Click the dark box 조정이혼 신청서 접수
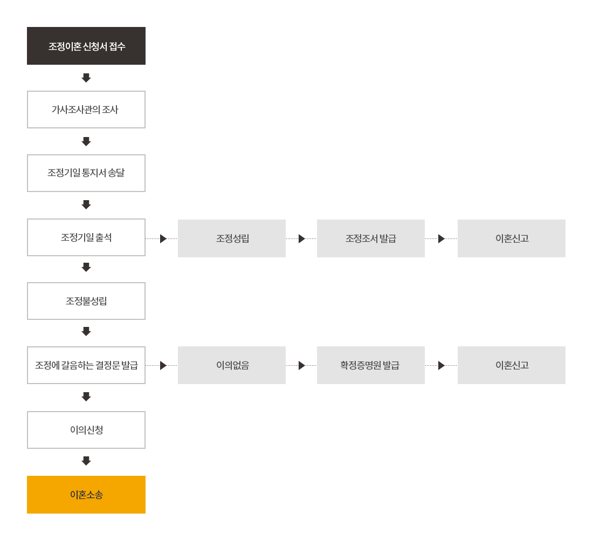coord(86,46)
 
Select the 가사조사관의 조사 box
coord(86,110)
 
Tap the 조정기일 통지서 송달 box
coord(86,173)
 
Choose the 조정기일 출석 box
coord(86,237)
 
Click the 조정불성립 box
coord(86,301)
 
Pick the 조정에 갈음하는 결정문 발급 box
coord(86,365)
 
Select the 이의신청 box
coord(86,430)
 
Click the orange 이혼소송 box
coord(86,495)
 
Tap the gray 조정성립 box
coord(232,238)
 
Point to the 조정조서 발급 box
coord(371,238)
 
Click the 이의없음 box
coord(232,365)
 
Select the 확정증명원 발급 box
coord(371,365)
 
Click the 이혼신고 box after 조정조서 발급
coord(512,238)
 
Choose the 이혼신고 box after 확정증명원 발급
coord(512,365)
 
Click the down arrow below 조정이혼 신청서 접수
coord(86,78)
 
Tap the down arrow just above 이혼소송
coord(86,461)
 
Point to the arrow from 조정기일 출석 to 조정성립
coord(162,239)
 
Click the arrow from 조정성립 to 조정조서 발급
coord(301,239)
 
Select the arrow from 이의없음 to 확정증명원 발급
coord(301,366)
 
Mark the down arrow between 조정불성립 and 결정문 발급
coord(86,331)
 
